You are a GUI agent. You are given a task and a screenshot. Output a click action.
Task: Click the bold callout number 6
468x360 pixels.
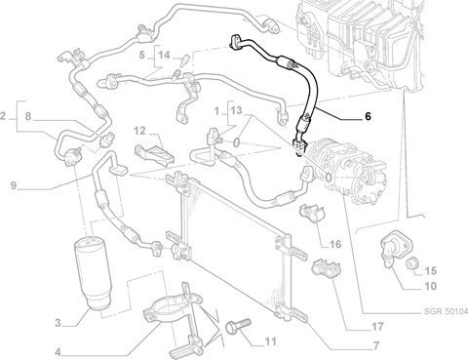pyautogui.click(x=368, y=116)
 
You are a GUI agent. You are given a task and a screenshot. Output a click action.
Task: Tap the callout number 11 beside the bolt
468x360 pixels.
pyautogui.click(x=270, y=341)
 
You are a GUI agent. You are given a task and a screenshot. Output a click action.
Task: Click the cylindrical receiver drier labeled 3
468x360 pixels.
pyautogui.click(x=93, y=274)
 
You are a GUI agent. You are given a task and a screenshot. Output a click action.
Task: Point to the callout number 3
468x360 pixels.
pyautogui.click(x=58, y=323)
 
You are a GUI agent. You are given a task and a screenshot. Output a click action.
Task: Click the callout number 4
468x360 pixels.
pyautogui.click(x=58, y=351)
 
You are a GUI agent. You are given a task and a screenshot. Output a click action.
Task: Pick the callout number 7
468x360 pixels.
pyautogui.click(x=376, y=346)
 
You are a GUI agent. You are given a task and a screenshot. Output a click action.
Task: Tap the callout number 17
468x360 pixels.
pyautogui.click(x=377, y=326)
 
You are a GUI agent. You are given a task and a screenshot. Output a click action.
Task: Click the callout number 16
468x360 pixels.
pyautogui.click(x=335, y=244)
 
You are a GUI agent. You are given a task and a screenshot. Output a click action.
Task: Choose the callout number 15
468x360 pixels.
pyautogui.click(x=431, y=270)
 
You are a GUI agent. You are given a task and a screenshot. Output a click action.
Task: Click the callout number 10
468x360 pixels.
pyautogui.click(x=430, y=286)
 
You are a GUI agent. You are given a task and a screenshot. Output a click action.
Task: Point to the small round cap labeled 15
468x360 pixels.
pyautogui.click(x=412, y=262)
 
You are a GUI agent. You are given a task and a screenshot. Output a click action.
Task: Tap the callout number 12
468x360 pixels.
pyautogui.click(x=139, y=131)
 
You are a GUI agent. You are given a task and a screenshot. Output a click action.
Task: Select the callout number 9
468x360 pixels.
pyautogui.click(x=14, y=185)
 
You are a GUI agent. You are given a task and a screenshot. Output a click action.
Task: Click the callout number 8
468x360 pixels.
pyautogui.click(x=28, y=116)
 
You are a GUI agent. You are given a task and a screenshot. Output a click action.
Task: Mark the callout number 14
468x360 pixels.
pyautogui.click(x=164, y=55)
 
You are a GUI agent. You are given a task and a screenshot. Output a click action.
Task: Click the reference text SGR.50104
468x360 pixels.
pyautogui.click(x=446, y=311)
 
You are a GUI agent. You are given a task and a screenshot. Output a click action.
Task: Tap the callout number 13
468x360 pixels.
pyautogui.click(x=237, y=110)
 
